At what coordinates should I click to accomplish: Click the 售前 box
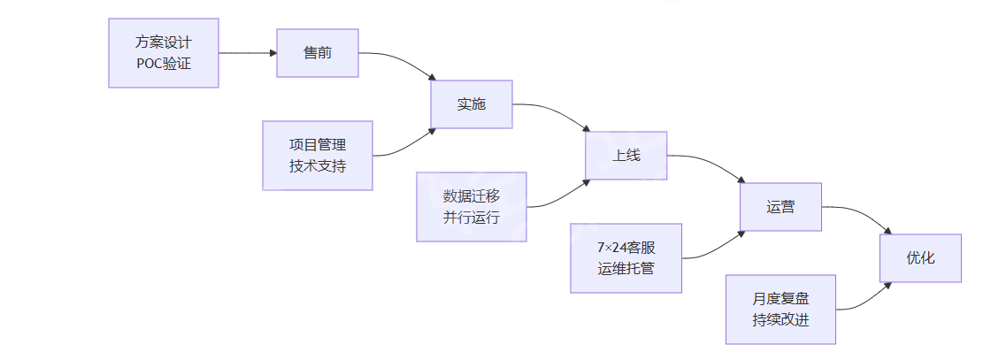pos(318,53)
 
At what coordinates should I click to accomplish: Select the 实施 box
pos(472,104)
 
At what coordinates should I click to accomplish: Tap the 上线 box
pos(626,156)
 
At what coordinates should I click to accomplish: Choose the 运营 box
pos(780,207)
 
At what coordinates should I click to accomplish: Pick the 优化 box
pos(920,258)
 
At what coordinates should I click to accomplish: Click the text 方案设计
pos(164,42)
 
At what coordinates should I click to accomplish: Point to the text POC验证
pos(164,64)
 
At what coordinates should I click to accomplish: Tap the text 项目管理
pos(318,144)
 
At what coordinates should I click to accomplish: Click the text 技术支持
pos(318,166)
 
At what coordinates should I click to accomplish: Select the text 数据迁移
pos(472,195)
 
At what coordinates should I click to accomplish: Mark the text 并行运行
pos(472,218)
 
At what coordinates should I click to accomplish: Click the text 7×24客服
pos(626,247)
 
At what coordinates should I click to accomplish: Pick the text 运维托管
pos(626,269)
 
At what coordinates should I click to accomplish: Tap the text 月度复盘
pos(780,298)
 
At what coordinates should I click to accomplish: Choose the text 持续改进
pos(780,320)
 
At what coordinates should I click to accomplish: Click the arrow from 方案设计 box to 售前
pos(248,53)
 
